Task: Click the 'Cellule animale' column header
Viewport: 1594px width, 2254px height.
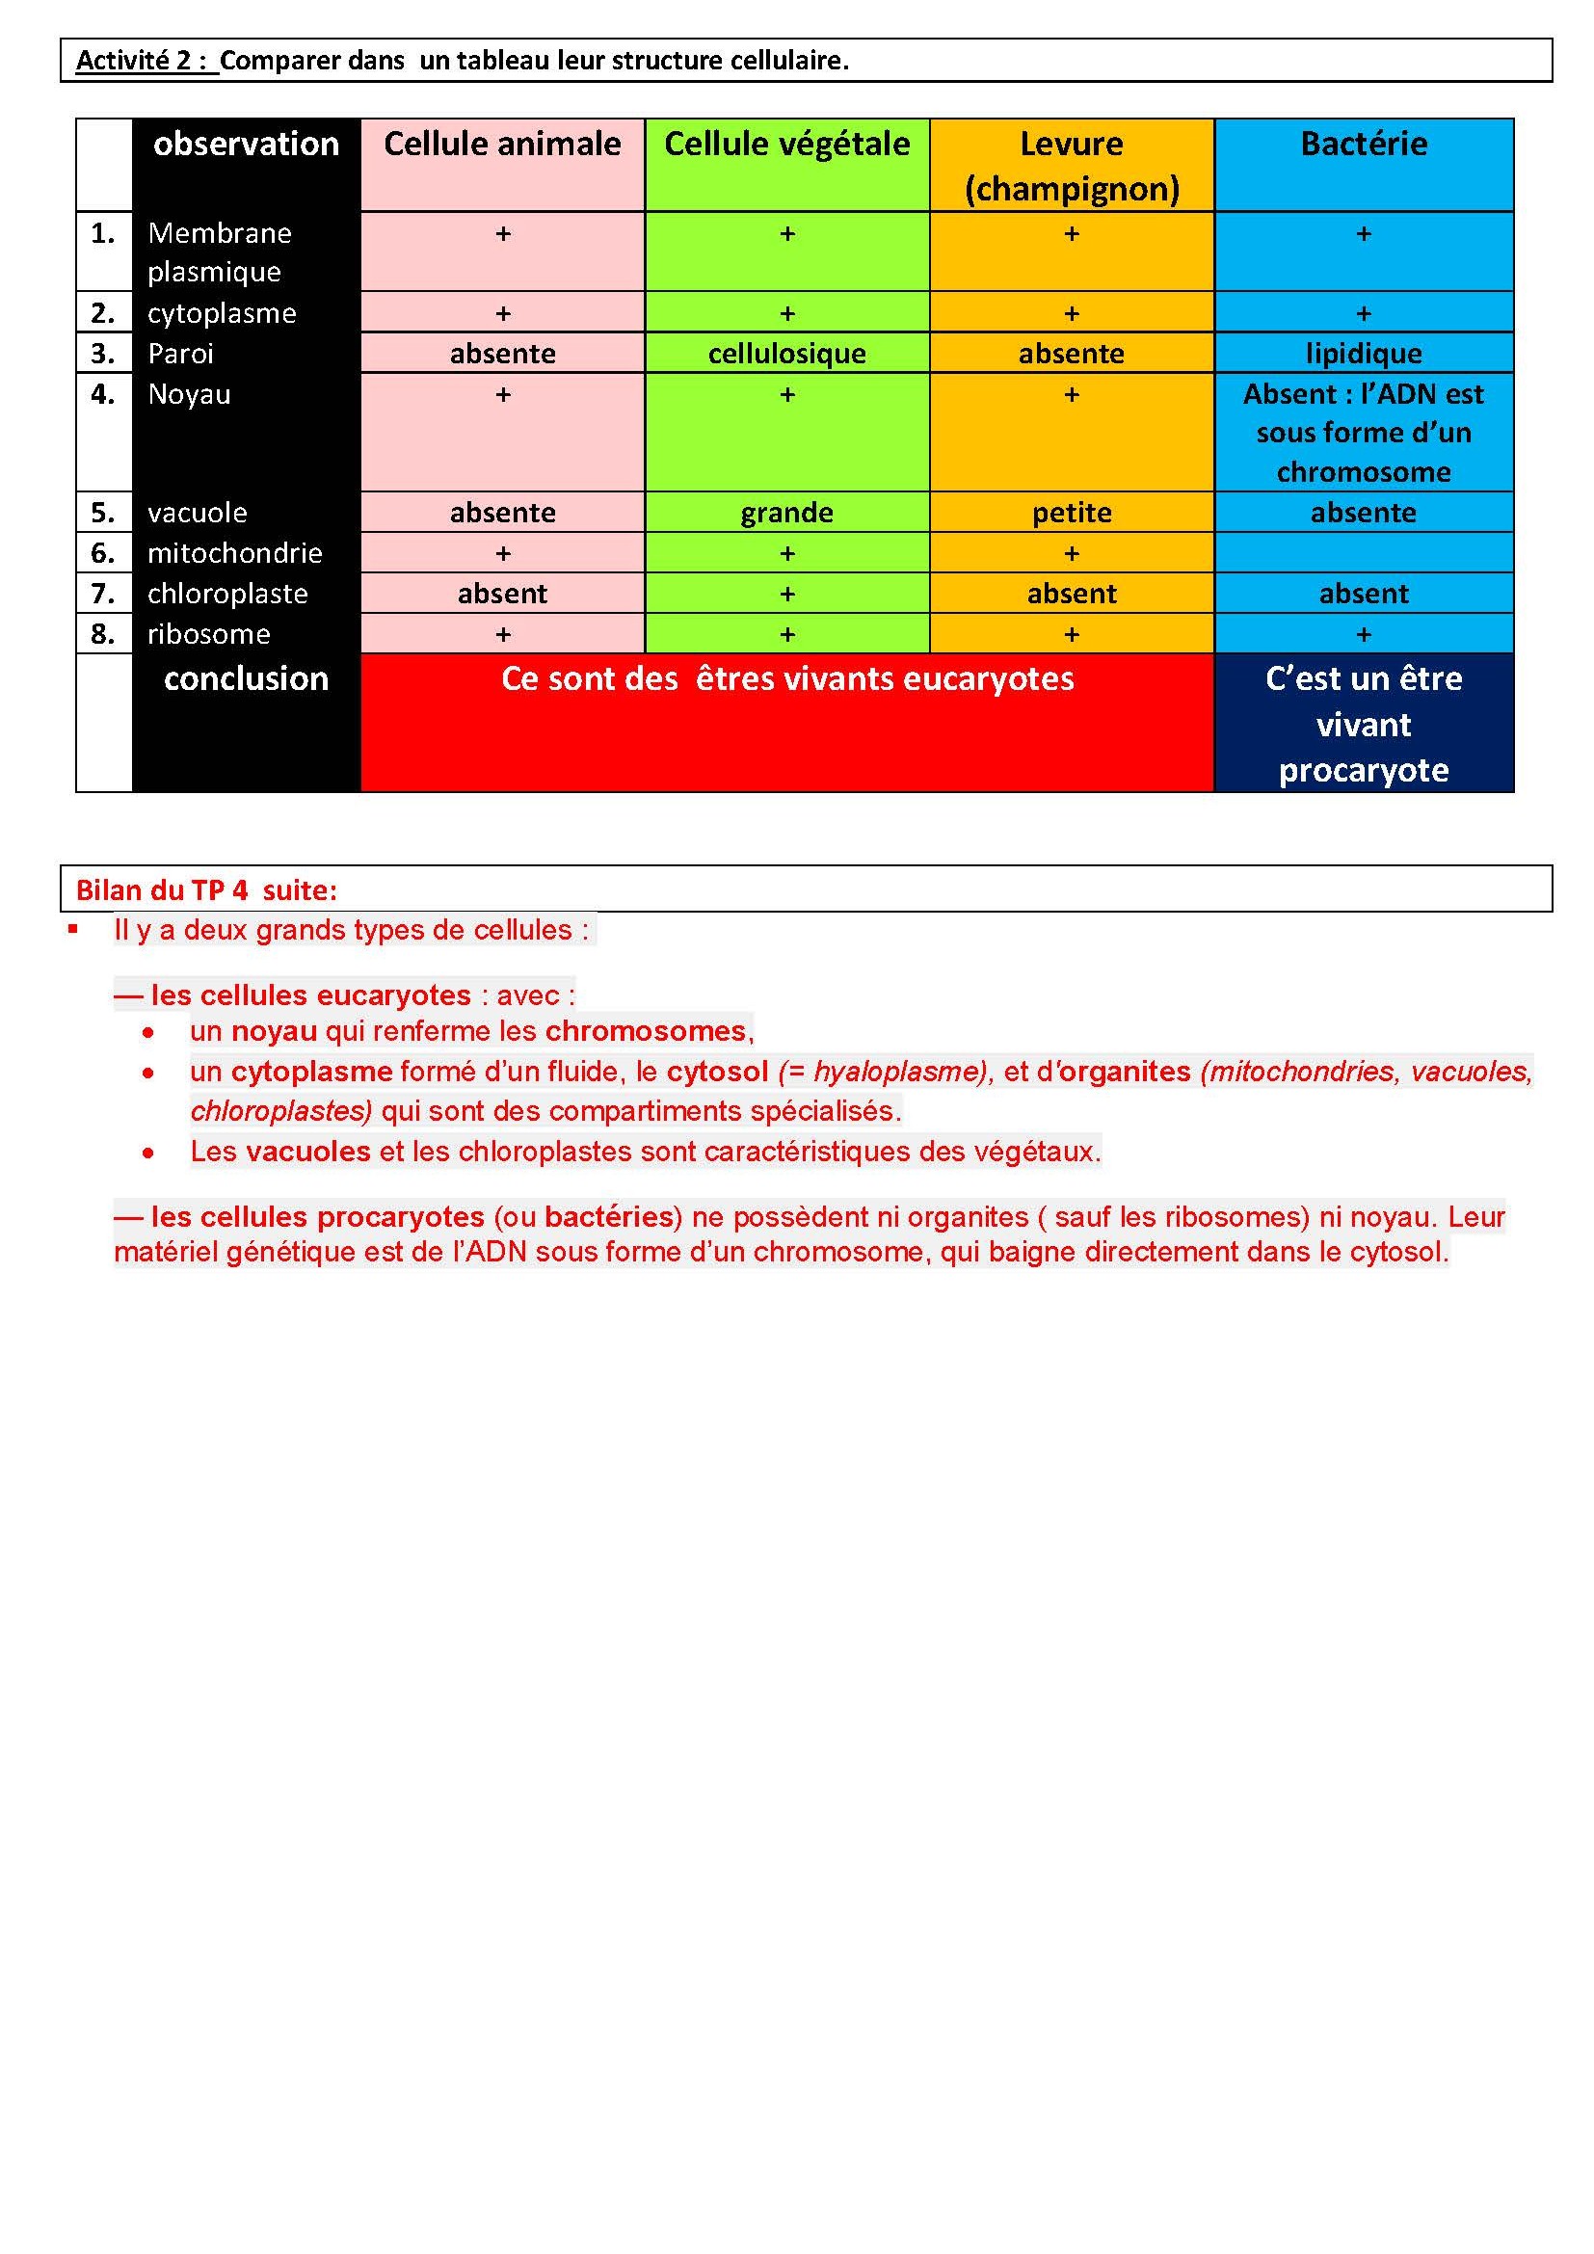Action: [501, 145]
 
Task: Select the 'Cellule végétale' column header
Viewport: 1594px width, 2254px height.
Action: [786, 145]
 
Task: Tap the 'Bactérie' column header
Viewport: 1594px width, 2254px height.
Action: [1364, 145]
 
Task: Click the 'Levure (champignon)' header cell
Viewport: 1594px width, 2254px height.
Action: [1071, 165]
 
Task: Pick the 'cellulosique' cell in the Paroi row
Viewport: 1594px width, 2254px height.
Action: [786, 354]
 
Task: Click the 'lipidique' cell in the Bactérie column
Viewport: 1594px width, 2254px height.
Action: [1364, 354]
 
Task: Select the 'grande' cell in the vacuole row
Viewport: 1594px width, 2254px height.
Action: [786, 513]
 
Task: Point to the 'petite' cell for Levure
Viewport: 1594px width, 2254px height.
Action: [1071, 513]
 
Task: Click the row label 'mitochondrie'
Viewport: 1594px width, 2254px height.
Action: [234, 554]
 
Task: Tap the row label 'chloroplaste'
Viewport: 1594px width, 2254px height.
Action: [226, 594]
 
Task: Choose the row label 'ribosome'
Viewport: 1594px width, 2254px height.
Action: [208, 634]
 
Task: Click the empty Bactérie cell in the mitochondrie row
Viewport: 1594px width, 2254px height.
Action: [1364, 553]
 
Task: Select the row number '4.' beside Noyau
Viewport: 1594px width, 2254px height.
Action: [103, 395]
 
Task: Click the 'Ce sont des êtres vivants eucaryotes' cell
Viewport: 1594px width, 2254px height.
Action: [787, 679]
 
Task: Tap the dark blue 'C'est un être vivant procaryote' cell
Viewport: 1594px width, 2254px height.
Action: [1364, 724]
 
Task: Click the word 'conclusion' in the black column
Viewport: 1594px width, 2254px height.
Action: [246, 679]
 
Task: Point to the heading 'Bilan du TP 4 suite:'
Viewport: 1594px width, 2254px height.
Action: [206, 890]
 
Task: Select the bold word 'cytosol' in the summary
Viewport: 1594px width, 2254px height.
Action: [716, 1071]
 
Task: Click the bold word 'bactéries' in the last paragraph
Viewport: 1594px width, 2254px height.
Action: [608, 1217]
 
